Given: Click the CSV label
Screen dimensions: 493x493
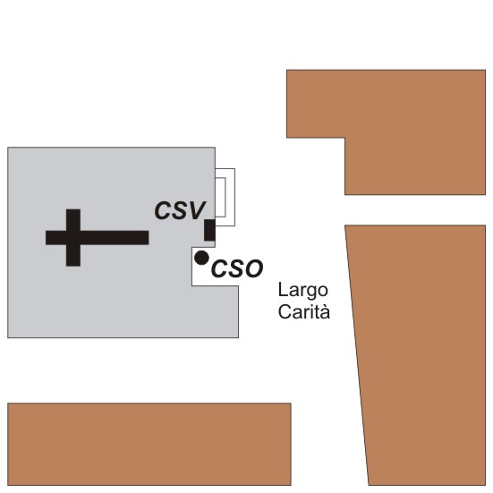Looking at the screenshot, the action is (x=180, y=210).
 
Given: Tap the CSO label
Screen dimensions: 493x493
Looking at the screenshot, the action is (x=237, y=268).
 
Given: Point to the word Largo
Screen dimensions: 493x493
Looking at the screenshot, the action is (x=303, y=291).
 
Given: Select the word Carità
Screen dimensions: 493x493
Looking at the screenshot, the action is (x=303, y=311).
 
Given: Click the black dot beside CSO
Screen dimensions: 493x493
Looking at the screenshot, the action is (x=201, y=258).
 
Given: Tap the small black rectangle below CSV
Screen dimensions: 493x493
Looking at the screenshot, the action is (x=209, y=230).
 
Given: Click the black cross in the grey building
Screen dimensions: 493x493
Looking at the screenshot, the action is (x=98, y=238).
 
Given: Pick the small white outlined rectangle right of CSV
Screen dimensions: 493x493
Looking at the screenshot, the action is (x=220, y=197).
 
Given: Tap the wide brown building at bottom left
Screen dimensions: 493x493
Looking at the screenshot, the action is (x=149, y=444).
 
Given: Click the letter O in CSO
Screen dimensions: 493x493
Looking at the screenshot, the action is (x=253, y=268).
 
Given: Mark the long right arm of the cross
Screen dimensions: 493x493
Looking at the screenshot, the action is (x=115, y=238).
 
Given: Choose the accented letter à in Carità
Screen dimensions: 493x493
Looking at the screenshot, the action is (x=325, y=312).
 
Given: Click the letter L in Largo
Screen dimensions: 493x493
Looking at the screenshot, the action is (x=282, y=290).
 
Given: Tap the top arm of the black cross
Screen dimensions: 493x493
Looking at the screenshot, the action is (x=73, y=220).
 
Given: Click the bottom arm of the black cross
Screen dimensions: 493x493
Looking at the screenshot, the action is (x=73, y=255).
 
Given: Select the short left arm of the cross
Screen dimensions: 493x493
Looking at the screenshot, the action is (x=56, y=238).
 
